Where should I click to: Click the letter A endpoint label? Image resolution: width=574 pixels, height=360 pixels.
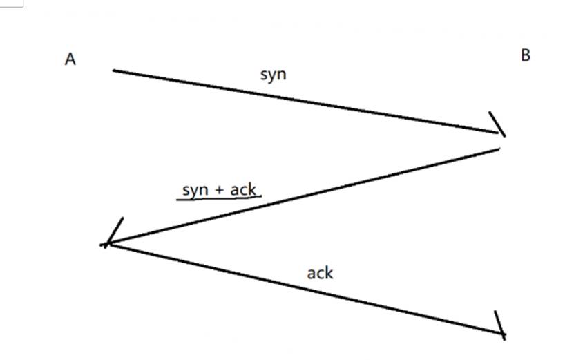point(70,59)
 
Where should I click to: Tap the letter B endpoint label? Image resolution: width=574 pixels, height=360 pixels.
point(525,55)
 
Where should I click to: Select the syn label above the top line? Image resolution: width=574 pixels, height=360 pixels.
point(273,74)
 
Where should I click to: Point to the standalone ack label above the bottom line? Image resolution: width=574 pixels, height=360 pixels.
point(320,273)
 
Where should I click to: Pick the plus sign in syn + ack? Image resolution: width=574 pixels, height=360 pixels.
point(220,189)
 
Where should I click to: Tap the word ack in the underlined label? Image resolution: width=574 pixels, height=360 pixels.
point(242,189)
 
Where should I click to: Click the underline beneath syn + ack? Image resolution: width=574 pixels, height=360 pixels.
point(219,199)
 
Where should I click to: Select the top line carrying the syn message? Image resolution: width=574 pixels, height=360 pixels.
point(304,101)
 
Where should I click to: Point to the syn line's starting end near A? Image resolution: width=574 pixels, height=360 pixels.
point(115,70)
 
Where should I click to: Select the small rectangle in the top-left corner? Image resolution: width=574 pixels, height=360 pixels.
point(11,3)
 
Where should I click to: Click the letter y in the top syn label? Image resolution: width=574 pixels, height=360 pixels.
point(273,75)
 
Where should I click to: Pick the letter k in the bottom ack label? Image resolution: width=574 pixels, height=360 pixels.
point(329,272)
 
